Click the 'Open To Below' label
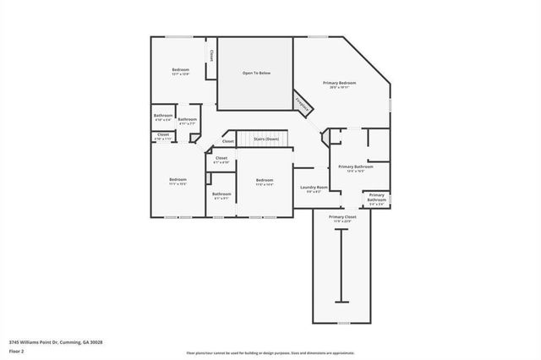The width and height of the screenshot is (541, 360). (256, 74)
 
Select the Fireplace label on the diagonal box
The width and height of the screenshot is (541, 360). (301, 101)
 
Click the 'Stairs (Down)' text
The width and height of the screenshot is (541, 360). (266, 138)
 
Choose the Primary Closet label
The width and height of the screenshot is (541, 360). (342, 218)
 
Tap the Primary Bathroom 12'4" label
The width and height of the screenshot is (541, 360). (356, 167)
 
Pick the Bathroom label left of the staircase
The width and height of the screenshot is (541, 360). (187, 120)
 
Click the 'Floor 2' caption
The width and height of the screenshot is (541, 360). (16, 351)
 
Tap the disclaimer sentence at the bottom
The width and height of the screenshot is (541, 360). (270, 352)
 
